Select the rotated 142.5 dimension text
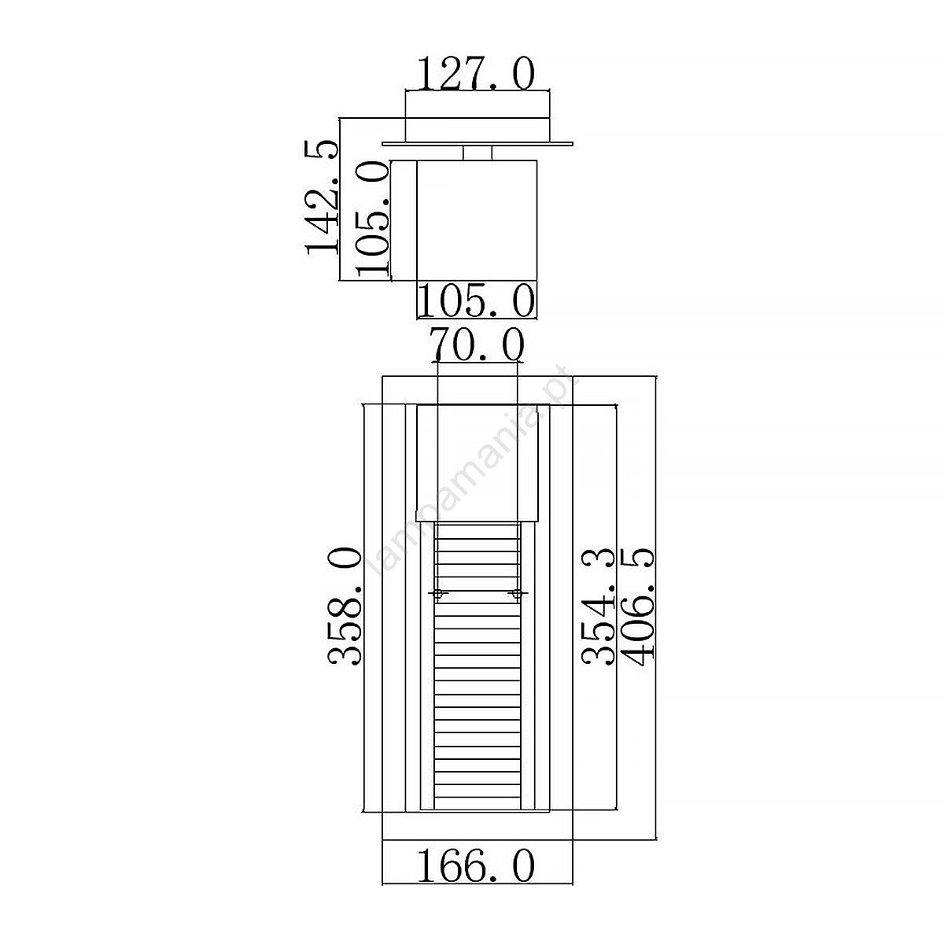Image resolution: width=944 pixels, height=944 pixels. [x=322, y=197]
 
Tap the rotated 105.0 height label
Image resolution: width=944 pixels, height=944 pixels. [x=372, y=219]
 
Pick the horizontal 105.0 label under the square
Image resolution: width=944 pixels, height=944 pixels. [x=476, y=301]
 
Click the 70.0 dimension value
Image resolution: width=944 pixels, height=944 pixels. [x=477, y=345]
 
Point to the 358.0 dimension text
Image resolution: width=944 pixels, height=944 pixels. [x=345, y=606]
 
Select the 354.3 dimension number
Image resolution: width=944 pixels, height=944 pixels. [x=598, y=606]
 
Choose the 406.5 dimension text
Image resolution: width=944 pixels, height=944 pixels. [x=637, y=607]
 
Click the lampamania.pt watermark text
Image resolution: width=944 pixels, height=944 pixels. [x=474, y=469]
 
